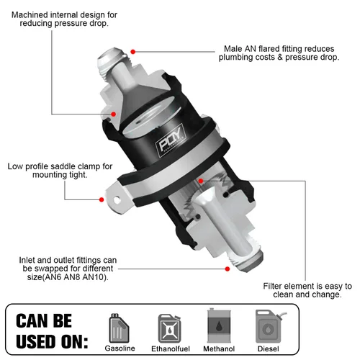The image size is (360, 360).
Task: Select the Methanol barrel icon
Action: (218, 325)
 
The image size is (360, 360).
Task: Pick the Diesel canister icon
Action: (268, 325)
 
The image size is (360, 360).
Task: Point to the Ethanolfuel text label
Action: (171, 348)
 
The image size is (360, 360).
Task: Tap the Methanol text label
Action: (219, 348)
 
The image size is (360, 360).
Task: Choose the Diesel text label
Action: (269, 348)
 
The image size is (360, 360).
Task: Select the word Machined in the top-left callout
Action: (32, 14)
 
